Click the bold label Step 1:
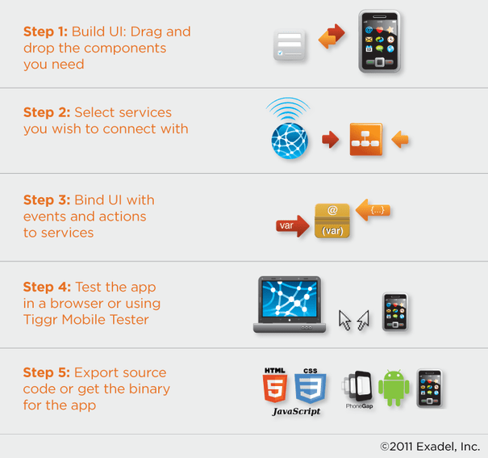pyautogui.click(x=45, y=32)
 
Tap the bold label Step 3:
pyautogui.click(x=47, y=200)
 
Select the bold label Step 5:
pyautogui.click(x=46, y=372)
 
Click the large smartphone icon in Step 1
pyautogui.click(x=379, y=41)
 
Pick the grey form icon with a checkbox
pyautogui.click(x=289, y=45)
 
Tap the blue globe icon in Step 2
pyautogui.click(x=290, y=141)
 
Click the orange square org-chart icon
pyautogui.click(x=366, y=139)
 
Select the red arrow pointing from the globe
pyautogui.click(x=330, y=139)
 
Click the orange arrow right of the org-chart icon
pyautogui.click(x=400, y=139)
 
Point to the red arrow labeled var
pyautogui.click(x=293, y=225)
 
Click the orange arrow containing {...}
pyautogui.click(x=373, y=210)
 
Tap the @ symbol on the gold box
pyautogui.click(x=332, y=210)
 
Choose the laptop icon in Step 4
pyautogui.click(x=290, y=305)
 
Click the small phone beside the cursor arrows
pyautogui.click(x=395, y=312)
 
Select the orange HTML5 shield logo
pyautogui.click(x=275, y=385)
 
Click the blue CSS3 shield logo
pyautogui.click(x=311, y=386)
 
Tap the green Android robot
pyautogui.click(x=394, y=388)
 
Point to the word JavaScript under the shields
pyautogui.click(x=296, y=411)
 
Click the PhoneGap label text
pyautogui.click(x=359, y=406)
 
